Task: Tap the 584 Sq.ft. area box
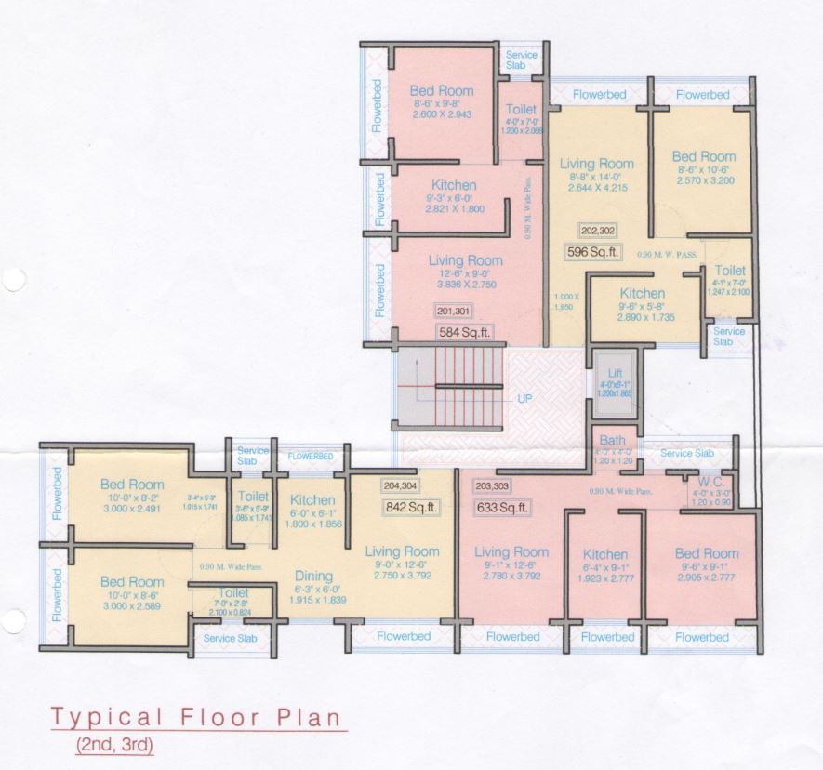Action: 464,330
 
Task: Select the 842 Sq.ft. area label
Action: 411,507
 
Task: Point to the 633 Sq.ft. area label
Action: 501,508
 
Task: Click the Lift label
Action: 613,371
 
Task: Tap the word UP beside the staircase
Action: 524,397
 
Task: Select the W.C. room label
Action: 712,482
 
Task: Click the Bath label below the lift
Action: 612,440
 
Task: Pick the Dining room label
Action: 313,576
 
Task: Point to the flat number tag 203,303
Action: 494,485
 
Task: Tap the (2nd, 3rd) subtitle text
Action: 115,744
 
